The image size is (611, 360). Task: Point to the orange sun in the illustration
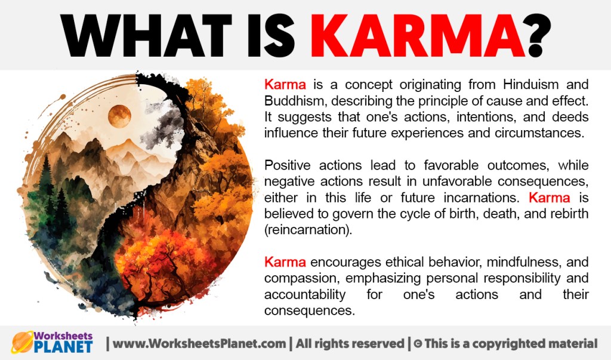pos(119,116)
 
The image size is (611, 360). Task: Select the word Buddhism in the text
pos(292,101)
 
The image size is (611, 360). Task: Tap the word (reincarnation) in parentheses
pos(308,230)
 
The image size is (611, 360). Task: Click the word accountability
pos(305,294)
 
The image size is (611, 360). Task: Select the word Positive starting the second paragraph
pos(288,165)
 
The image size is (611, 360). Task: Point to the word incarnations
pos(482,198)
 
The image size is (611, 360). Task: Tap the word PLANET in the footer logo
pos(63,346)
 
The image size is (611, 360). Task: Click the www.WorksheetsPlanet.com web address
pos(199,344)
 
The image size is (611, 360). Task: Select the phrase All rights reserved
pos(350,344)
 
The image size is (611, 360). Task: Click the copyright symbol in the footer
pos(418,344)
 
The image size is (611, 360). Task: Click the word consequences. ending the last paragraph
pos(310,311)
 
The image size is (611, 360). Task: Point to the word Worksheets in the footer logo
pos(63,336)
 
